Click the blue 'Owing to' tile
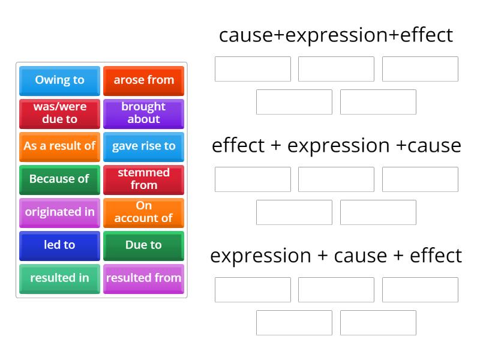tap(59, 80)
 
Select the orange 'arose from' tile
tap(143, 80)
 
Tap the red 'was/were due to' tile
tap(59, 113)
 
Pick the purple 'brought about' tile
tap(143, 113)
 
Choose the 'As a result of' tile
tap(59, 146)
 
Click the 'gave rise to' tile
tap(143, 146)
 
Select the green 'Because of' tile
tap(59, 179)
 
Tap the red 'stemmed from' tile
tap(143, 179)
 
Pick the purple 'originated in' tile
tap(59, 212)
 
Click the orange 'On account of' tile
tap(143, 212)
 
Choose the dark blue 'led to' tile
tap(59, 245)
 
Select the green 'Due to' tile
tap(143, 245)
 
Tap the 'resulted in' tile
tap(59, 278)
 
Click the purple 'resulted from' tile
tap(143, 278)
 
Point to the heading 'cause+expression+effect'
tap(336, 35)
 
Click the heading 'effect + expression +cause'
tap(336, 145)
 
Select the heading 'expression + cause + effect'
tap(336, 256)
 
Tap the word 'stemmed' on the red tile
tap(143, 173)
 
